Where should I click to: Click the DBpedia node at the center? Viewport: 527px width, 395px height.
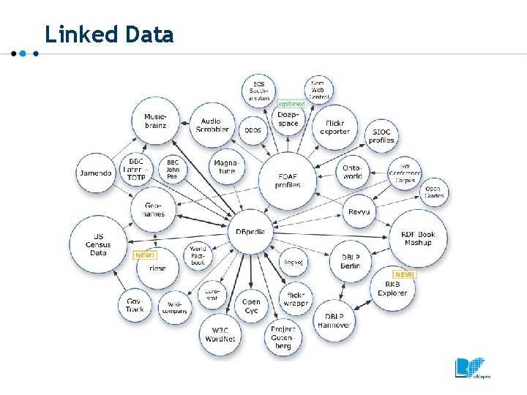point(250,231)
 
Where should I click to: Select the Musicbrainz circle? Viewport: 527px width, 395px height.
point(154,121)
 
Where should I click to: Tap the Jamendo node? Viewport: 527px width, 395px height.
point(96,173)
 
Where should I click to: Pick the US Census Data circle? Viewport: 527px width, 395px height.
point(98,244)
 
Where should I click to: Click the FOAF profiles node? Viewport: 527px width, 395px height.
point(288,180)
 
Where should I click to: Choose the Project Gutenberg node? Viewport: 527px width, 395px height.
point(283,338)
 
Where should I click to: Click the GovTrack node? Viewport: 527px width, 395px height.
point(135,305)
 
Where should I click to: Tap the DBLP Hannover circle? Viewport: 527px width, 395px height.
point(334,320)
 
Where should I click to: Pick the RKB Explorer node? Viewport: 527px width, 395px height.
point(392,288)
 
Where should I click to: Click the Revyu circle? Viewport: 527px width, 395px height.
point(359,211)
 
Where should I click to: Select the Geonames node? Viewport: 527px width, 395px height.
point(154,209)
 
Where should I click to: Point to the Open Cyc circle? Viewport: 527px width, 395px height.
point(251,306)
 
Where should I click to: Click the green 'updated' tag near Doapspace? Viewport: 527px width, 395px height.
point(291,104)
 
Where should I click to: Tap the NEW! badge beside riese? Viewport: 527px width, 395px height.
point(144,255)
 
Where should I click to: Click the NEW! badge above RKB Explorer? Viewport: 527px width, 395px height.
point(404,274)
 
